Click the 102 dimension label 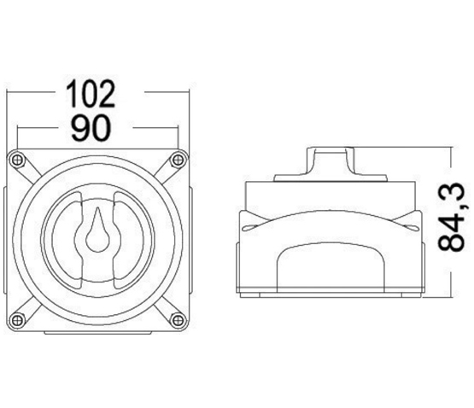click(x=91, y=93)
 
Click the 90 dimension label click(x=91, y=128)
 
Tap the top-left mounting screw click(x=17, y=160)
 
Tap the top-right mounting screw click(x=178, y=160)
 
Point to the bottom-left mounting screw click(x=17, y=320)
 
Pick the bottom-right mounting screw click(x=178, y=320)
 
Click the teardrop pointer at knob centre click(x=97, y=230)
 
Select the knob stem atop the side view click(x=331, y=161)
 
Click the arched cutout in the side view click(x=331, y=267)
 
